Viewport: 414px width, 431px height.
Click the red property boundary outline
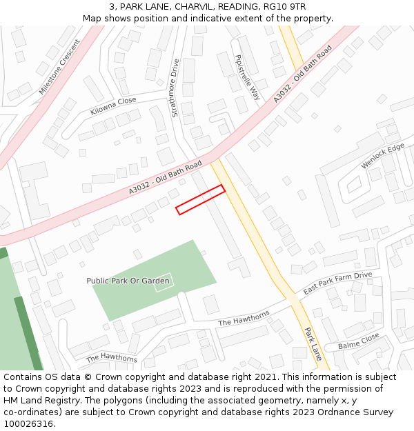pos(200,200)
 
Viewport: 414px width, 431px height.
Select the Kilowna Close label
pos(113,106)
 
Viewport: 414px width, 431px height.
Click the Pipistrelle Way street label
pos(247,77)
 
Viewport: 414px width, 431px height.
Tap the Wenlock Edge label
pos(382,156)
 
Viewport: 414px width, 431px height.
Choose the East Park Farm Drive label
pos(337,283)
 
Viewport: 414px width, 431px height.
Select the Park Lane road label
pos(313,343)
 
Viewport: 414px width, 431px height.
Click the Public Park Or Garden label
pos(128,281)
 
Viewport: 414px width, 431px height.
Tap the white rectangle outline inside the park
pos(164,282)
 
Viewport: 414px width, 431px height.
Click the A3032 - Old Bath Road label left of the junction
pos(165,178)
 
